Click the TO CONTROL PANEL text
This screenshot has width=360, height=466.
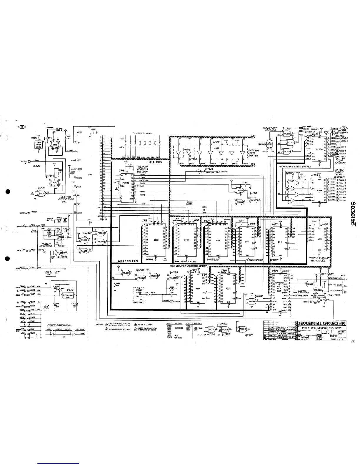(142, 133)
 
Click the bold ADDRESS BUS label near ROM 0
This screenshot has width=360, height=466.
(128, 261)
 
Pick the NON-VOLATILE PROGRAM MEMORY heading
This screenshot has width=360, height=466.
(189, 266)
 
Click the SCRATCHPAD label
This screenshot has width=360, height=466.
(257, 260)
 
